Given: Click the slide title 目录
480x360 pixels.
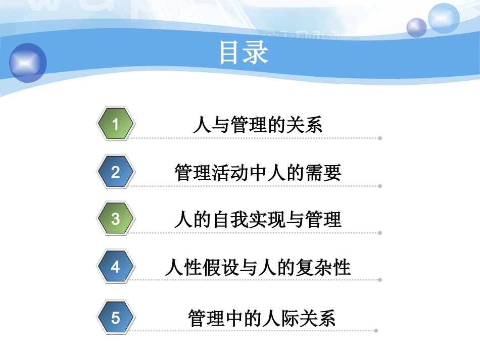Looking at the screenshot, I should (x=244, y=53).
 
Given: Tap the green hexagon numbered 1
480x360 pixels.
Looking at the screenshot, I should (x=116, y=124).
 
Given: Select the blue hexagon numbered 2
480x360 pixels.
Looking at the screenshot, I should (x=116, y=172).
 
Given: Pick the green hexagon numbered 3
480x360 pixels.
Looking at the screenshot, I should (x=116, y=219).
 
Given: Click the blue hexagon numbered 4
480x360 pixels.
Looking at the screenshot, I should (x=116, y=266).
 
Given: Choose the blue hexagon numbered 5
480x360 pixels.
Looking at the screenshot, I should (x=116, y=318).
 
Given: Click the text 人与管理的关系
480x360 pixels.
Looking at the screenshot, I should (x=258, y=125).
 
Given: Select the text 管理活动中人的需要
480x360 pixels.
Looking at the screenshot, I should (x=258, y=173).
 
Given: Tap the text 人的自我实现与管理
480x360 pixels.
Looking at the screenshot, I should (x=258, y=220).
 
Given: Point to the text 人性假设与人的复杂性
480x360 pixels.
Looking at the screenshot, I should (x=258, y=267).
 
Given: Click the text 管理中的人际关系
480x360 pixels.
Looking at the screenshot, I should (x=261, y=319).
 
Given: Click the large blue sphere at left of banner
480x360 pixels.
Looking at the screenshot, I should (x=28, y=63).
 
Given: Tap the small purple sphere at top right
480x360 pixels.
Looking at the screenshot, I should (x=417, y=27).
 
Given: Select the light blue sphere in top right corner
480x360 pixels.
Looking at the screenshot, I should (x=444, y=18).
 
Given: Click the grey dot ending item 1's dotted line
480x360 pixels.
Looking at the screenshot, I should (x=380, y=138).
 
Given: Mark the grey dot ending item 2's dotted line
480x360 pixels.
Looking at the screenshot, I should (x=380, y=186).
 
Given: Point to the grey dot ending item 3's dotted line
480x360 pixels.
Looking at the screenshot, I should (x=380, y=233).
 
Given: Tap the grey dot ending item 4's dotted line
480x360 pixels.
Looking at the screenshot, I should (x=380, y=280).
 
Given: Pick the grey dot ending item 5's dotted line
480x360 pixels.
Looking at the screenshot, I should (x=376, y=331).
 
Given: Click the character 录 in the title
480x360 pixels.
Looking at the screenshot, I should (x=256, y=53).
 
